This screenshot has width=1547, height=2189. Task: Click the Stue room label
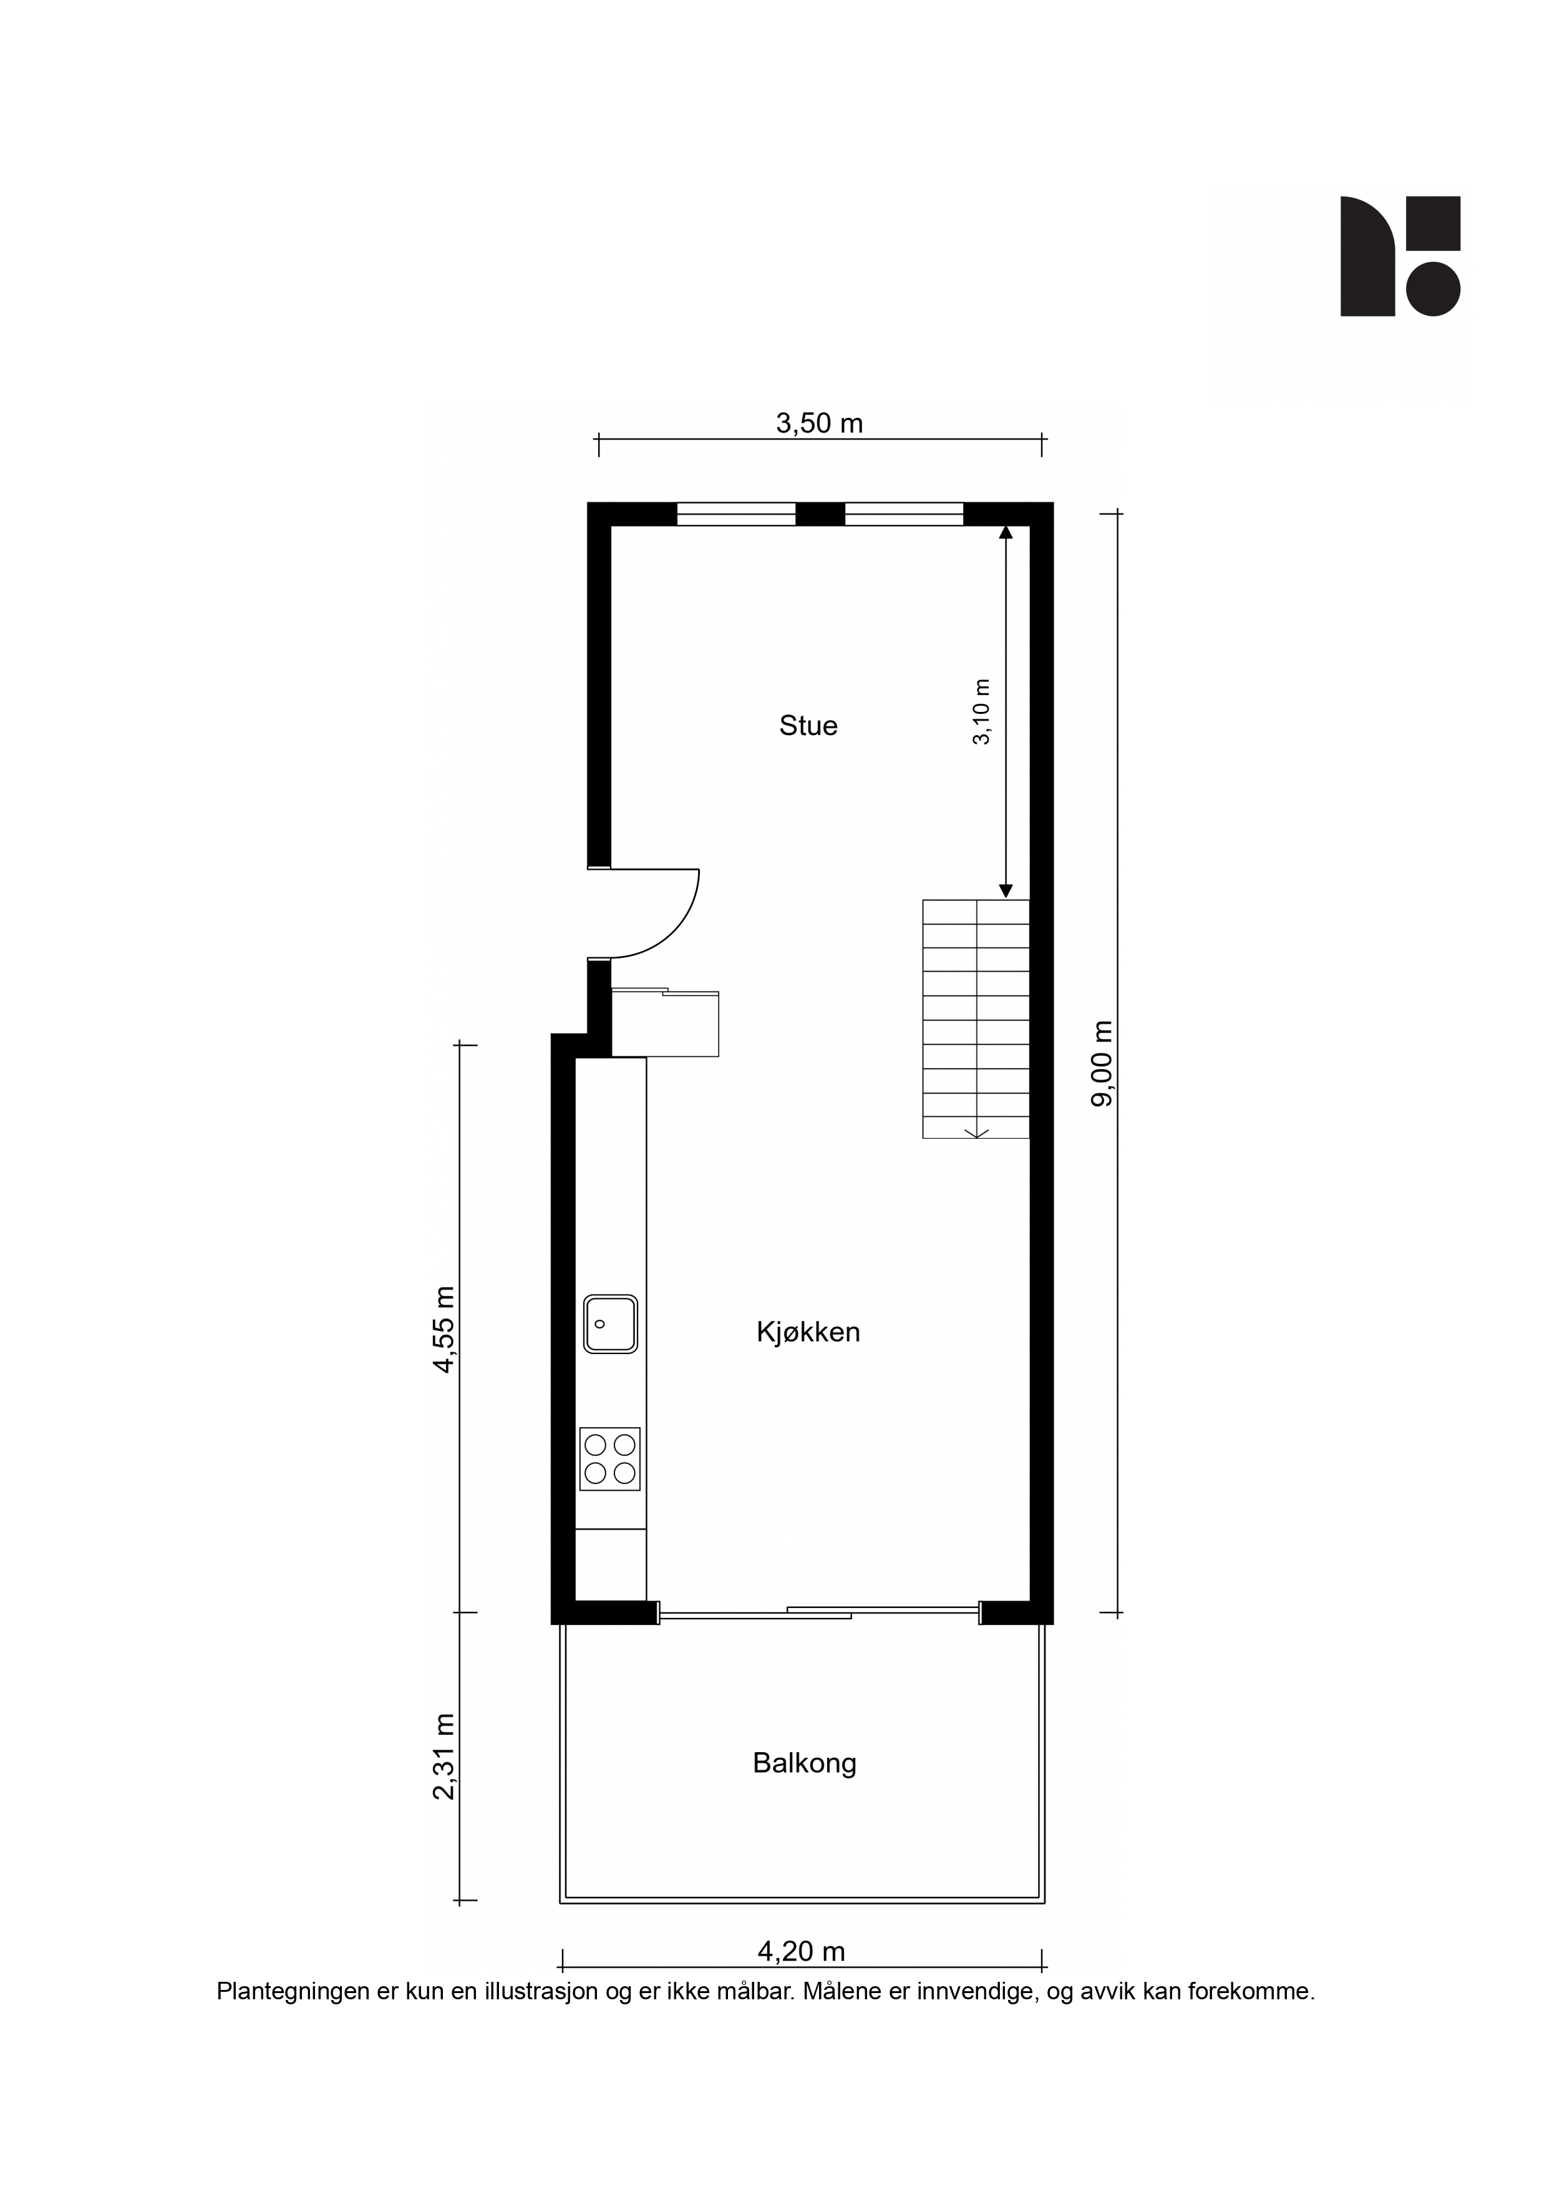pyautogui.click(x=808, y=726)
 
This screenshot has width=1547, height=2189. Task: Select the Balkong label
pyautogui.click(x=805, y=1764)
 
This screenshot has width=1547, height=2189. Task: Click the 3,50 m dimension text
pyautogui.click(x=819, y=422)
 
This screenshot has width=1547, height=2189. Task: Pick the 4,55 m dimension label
pyautogui.click(x=444, y=1329)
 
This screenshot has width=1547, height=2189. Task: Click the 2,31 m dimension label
pyautogui.click(x=444, y=1756)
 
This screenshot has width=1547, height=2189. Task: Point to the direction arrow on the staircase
pyautogui.click(x=976, y=1133)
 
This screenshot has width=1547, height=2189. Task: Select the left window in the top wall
pyautogui.click(x=736, y=514)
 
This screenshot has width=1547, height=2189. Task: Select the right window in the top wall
pyautogui.click(x=904, y=514)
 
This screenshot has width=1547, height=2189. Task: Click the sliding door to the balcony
pyautogui.click(x=820, y=1612)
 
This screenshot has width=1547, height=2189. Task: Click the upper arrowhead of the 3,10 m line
pyautogui.click(x=1006, y=531)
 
